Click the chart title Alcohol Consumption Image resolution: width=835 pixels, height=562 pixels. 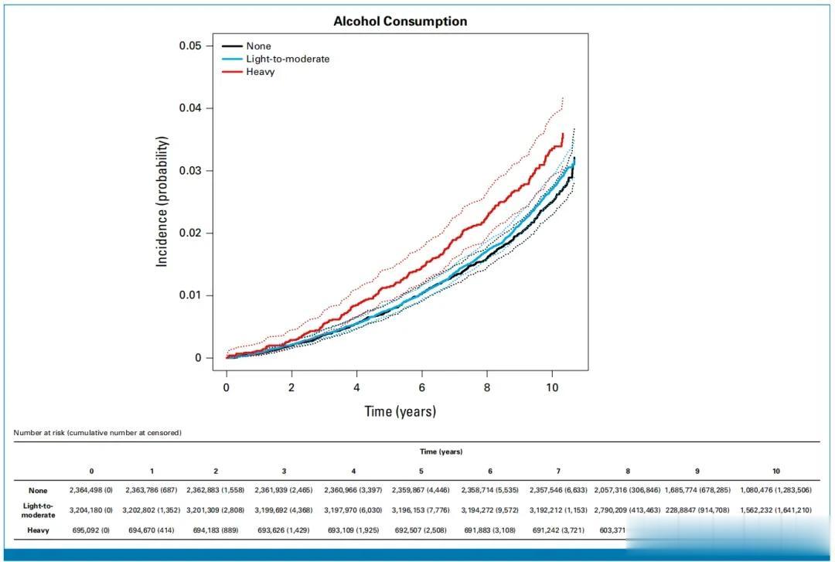(400, 22)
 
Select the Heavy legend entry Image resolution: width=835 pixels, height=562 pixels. (260, 72)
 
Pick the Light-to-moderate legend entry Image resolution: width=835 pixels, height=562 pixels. (288, 59)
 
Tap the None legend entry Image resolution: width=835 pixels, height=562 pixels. (258, 46)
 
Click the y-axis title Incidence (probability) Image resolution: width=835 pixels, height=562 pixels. (162, 201)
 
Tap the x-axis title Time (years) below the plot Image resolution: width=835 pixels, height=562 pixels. (400, 411)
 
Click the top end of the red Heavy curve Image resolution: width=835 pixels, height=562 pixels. (562, 134)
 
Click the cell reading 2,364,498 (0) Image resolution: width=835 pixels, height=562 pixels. (92, 490)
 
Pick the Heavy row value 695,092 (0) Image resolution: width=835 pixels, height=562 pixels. (92, 530)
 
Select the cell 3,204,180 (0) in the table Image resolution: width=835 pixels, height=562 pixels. (92, 510)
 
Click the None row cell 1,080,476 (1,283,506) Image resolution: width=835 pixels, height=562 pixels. (775, 490)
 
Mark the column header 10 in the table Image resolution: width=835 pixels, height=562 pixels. (775, 471)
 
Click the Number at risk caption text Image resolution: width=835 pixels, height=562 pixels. (97, 433)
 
